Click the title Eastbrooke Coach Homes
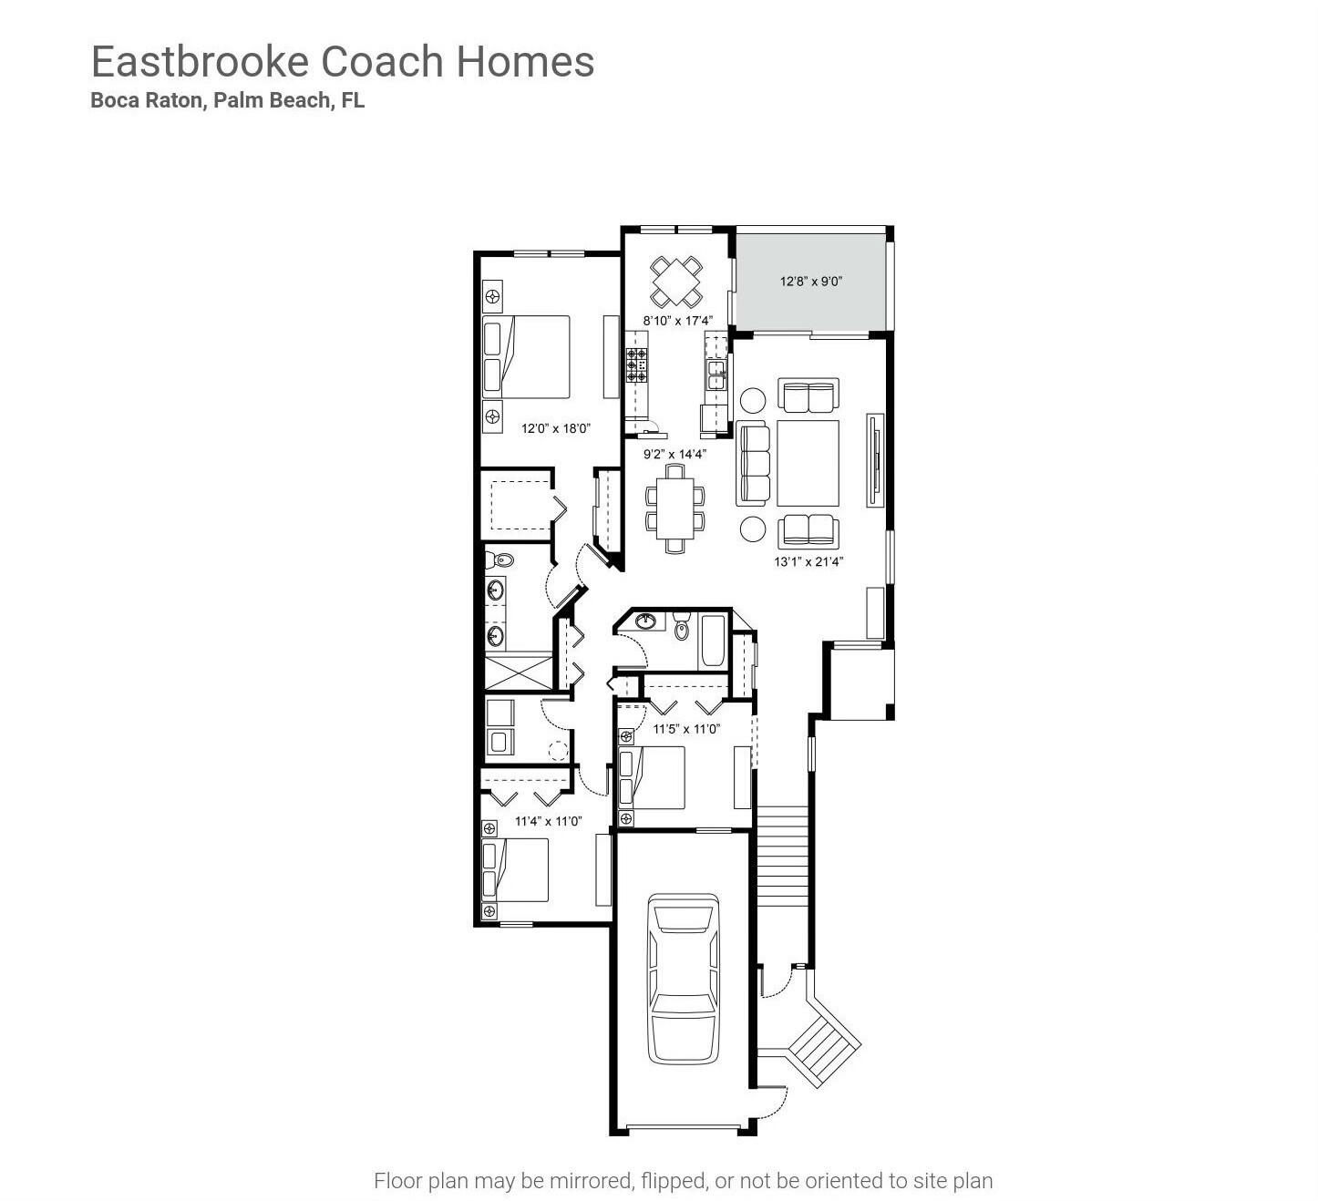point(343,62)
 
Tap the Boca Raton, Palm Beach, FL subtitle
point(227,101)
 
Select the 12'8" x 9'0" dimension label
point(810,282)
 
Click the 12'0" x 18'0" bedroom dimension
point(556,427)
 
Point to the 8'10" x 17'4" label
point(677,321)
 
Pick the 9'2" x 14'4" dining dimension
point(674,454)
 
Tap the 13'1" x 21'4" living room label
point(808,561)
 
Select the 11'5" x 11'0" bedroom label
point(686,729)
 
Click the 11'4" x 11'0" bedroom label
point(548,821)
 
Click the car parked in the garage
point(684,978)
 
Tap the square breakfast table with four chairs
point(676,282)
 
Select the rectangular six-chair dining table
point(675,508)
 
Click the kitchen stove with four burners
point(636,364)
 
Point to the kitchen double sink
point(716,375)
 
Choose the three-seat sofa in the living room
point(753,463)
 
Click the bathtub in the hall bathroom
point(713,642)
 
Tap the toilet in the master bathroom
point(499,559)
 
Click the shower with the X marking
point(518,672)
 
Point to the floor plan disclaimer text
point(683,1181)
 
